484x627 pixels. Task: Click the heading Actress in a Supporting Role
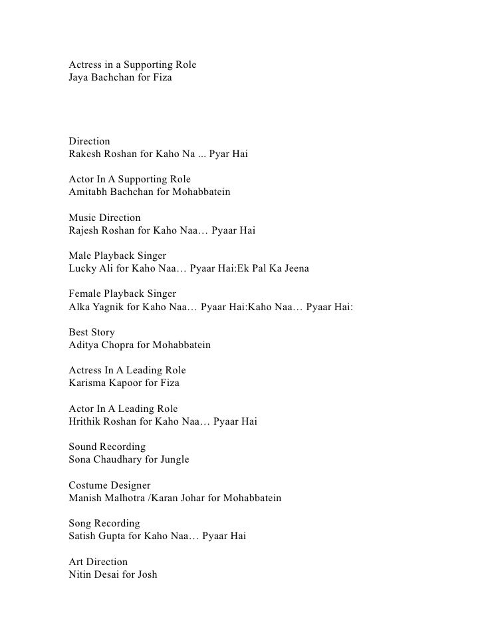(132, 65)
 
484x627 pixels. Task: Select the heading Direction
(90, 141)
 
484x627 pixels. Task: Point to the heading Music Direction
(105, 218)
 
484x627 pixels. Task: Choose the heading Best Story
(92, 332)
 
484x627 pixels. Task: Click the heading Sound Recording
(107, 446)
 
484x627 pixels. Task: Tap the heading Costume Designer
(110, 485)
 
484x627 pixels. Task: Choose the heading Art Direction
(98, 561)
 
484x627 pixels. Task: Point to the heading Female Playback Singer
(122, 294)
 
